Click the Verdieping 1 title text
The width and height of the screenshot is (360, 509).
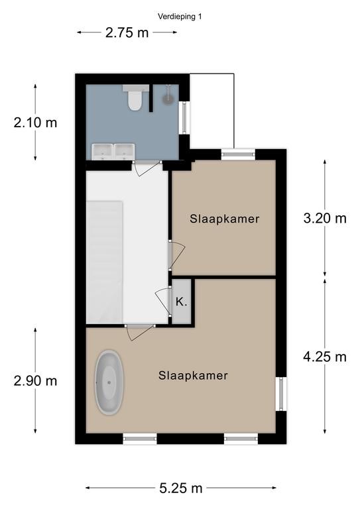tap(180, 16)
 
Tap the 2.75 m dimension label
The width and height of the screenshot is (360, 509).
tap(127, 32)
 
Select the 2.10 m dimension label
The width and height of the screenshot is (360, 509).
tap(35, 123)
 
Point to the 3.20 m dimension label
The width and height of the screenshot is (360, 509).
tap(325, 218)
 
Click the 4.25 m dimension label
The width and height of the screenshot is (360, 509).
tap(325, 357)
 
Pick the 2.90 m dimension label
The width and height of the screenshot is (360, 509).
tap(35, 381)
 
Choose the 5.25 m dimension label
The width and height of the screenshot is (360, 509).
tap(181, 488)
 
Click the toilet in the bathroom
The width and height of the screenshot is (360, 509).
tap(135, 97)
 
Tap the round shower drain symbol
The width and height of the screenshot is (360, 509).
tap(168, 99)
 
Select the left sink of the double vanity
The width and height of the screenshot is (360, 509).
tap(102, 152)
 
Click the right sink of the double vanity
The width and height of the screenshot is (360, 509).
tap(125, 152)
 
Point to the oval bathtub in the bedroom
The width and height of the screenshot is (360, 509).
tap(109, 382)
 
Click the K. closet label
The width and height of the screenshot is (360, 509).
tap(181, 302)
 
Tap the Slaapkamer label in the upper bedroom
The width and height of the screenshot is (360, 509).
tap(225, 219)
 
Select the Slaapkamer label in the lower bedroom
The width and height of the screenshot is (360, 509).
tap(193, 376)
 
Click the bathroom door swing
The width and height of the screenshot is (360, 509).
tap(146, 170)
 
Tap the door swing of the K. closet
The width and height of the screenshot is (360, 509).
tap(162, 301)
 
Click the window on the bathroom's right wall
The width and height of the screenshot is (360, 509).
tap(184, 117)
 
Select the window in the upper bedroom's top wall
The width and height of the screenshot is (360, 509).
tap(238, 154)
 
